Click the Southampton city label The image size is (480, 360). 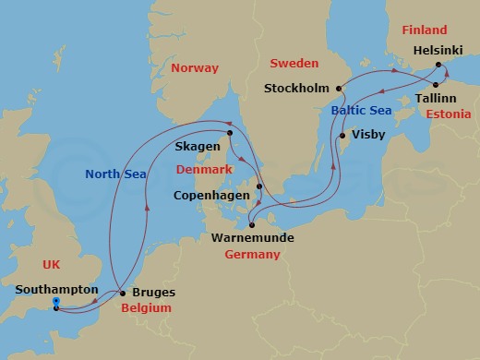[x=56, y=290]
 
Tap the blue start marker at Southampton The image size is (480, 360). [x=56, y=302]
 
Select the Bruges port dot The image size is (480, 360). [x=123, y=294]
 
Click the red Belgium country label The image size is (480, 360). [x=147, y=307]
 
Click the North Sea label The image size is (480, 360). [x=116, y=174]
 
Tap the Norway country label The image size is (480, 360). [x=195, y=68]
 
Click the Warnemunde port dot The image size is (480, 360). [x=251, y=223]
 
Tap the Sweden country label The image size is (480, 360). [x=293, y=64]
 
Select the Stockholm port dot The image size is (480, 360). [x=339, y=90]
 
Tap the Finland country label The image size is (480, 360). [x=425, y=30]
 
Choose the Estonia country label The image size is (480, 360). [x=450, y=114]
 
